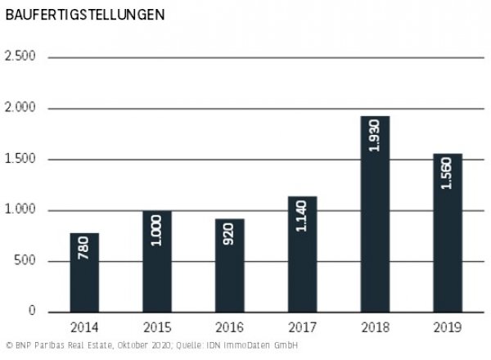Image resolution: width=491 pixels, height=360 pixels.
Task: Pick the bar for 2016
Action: (x=231, y=266)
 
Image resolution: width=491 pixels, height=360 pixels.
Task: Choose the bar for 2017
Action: (x=303, y=254)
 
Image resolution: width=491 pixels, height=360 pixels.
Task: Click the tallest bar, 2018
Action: (x=376, y=214)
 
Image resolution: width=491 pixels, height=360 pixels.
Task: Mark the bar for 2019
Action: (x=448, y=233)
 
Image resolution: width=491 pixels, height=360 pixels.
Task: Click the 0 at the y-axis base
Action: (x=34, y=312)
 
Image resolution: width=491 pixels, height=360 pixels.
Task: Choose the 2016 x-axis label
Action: (x=231, y=328)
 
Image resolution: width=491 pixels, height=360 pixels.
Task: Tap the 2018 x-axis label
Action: (x=376, y=328)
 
